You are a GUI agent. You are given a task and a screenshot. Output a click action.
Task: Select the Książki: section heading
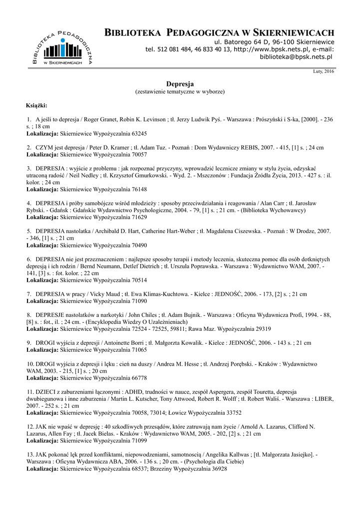pyautogui.click(x=36, y=106)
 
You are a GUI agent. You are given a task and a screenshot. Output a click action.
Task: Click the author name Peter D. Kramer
pyautogui.click(x=102, y=148)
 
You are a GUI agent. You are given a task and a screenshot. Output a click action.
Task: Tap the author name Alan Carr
pyautogui.click(x=262, y=204)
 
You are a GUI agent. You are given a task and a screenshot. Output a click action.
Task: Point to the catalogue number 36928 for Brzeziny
pyautogui.click(x=217, y=469)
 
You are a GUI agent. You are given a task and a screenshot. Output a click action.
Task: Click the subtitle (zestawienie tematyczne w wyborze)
pyautogui.click(x=180, y=92)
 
